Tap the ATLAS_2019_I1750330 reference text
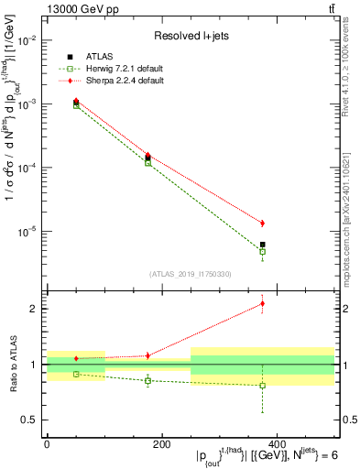pyautogui.click(x=190, y=273)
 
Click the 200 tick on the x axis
pyautogui.click(x=161, y=444)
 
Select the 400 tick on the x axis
pyautogui.click(x=277, y=444)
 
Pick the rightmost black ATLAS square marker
pyautogui.click(x=263, y=245)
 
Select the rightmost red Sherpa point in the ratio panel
pyautogui.click(x=263, y=303)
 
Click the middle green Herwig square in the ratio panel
pyautogui.click(x=147, y=381)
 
